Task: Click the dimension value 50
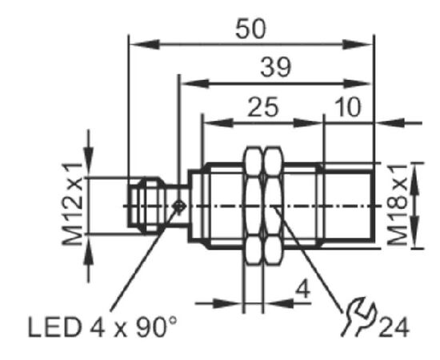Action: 250,29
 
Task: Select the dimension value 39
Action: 276,67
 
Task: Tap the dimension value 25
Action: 263,107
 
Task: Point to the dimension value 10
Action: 348,107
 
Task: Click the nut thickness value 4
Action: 302,290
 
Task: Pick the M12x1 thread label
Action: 72,204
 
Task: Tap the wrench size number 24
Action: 394,327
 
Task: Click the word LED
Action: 54,327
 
